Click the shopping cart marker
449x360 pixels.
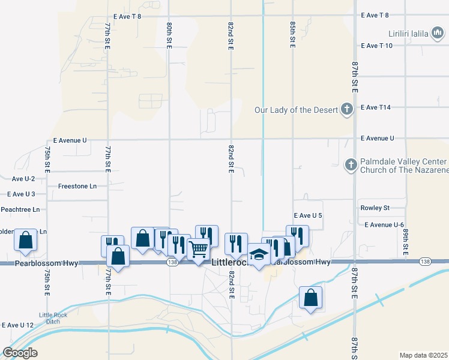198,248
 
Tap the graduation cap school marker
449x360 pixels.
259,255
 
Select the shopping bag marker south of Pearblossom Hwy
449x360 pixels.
310,298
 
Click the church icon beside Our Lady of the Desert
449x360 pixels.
346,109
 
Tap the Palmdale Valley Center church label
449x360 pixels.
403,166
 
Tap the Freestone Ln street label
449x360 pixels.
77,186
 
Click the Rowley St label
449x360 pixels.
375,208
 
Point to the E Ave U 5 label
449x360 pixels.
309,215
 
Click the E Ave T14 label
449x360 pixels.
376,107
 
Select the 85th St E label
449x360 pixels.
292,35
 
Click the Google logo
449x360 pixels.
20,353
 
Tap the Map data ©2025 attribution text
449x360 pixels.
423,355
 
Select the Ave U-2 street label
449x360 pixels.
23,179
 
